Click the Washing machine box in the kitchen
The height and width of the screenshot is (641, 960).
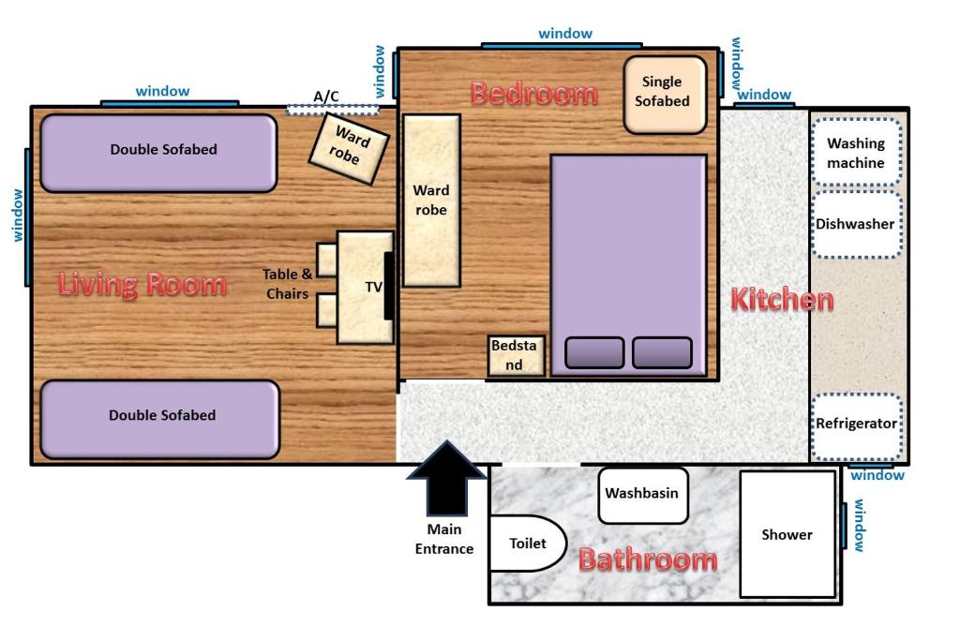(855, 153)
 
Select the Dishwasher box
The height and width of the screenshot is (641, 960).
(855, 225)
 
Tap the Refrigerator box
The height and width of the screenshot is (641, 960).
(855, 425)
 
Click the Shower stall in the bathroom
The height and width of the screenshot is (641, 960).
(787, 534)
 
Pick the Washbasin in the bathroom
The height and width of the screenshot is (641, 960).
(642, 494)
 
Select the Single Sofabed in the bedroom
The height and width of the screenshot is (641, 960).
(664, 93)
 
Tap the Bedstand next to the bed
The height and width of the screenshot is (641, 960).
(515, 355)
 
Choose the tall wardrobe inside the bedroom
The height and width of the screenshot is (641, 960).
(431, 201)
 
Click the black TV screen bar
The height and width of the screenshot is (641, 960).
(388, 286)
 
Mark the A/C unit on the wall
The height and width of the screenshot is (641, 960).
(331, 109)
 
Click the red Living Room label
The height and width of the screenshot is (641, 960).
(142, 284)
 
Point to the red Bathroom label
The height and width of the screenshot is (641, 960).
(647, 560)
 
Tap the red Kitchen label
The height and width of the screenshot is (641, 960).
(781, 300)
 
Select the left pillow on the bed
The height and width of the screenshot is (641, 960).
(594, 352)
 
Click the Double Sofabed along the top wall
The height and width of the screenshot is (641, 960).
(158, 152)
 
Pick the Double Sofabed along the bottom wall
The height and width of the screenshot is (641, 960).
(159, 418)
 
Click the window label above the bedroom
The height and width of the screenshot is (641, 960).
(564, 34)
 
